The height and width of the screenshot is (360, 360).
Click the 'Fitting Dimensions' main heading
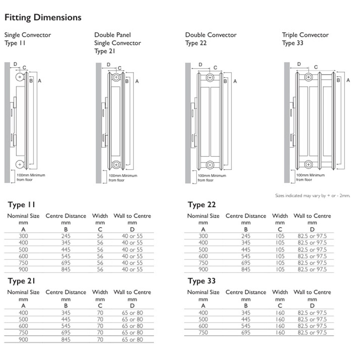point(43,18)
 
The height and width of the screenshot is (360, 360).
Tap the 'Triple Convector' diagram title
point(305,35)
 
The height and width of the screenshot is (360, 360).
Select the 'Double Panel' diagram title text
point(112,35)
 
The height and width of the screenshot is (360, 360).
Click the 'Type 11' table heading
point(21,205)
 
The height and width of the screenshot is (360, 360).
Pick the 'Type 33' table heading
point(202,281)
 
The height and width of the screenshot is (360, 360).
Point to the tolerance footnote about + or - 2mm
point(312,196)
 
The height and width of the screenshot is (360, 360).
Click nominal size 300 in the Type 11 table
point(23,236)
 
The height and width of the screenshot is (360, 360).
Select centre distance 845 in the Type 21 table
point(66,339)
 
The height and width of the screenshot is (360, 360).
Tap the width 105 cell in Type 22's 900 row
point(280,269)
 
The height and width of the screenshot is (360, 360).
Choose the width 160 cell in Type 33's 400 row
point(280,313)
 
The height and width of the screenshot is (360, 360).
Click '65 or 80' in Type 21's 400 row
point(132,313)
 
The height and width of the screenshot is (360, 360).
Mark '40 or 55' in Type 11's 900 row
point(132,269)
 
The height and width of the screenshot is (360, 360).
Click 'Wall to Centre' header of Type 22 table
point(312,216)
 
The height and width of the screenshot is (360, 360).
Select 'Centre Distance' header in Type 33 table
point(246,292)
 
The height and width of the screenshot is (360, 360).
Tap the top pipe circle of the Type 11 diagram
point(19,77)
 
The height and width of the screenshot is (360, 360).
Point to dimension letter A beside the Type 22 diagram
point(235,81)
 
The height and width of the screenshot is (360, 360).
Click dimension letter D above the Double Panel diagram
point(108,64)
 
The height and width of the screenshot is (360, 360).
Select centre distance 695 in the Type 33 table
point(246,332)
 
